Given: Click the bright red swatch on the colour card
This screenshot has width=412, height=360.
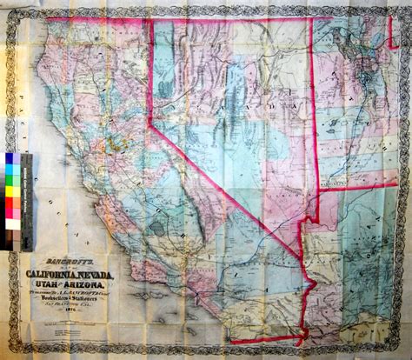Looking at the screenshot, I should (13, 202).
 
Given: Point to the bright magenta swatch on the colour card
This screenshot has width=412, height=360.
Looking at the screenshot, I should (13, 213).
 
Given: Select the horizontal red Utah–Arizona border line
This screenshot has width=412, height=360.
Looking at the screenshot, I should (356, 187).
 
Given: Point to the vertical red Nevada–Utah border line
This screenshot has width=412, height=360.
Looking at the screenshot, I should (310, 104).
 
